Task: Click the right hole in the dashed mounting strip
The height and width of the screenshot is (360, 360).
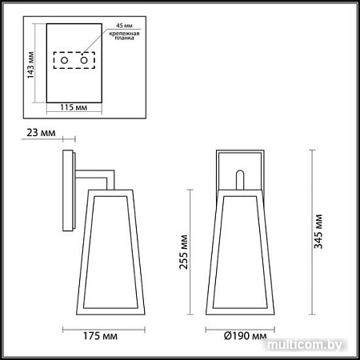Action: pos(83,61)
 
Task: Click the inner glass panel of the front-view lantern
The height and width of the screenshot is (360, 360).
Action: pos(238,252)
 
